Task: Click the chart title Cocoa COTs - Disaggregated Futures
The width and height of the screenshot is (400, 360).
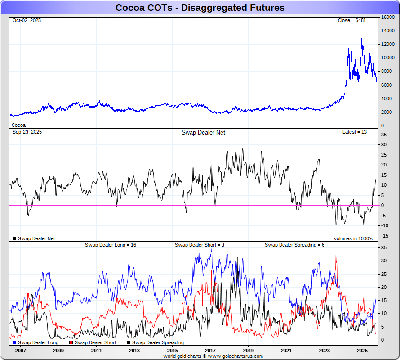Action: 200,8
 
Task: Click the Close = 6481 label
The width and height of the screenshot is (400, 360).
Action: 353,21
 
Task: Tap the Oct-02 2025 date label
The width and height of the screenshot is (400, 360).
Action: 27,21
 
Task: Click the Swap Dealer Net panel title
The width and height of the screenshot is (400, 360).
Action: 203,133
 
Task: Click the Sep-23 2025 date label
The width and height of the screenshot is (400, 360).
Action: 27,132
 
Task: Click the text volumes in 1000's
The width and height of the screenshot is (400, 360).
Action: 353,238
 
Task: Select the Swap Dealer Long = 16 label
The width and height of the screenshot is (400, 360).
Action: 111,245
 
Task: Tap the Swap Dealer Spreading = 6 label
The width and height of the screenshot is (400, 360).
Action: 294,245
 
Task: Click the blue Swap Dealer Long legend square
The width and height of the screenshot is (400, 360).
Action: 14,343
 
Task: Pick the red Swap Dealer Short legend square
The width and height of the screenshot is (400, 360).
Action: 71,343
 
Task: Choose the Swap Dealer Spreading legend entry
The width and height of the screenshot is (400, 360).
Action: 157,343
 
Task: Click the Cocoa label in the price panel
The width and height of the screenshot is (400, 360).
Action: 19,125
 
